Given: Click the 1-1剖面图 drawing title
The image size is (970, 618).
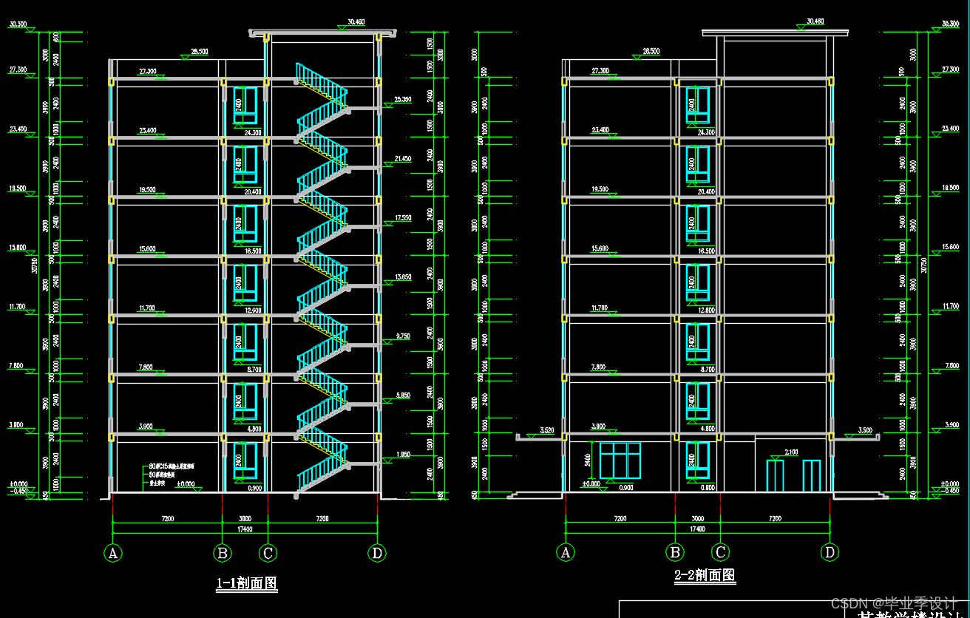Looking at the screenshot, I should pos(246,583).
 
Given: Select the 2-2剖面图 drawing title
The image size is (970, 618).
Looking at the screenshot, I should pos(705,575).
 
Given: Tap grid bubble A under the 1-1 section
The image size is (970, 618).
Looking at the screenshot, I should pos(113,553).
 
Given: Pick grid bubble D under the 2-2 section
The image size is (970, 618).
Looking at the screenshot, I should pos(830,551).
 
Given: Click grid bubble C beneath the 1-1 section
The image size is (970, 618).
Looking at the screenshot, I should pos(268,553).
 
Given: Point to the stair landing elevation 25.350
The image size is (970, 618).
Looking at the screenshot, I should pos(403,99).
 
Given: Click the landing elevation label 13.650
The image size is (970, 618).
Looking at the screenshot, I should pos(403,277).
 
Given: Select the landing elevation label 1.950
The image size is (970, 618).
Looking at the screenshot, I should pos(403,455).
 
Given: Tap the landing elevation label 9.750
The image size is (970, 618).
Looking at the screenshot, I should pos(403,336).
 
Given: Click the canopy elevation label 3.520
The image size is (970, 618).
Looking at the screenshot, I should pos(547,429).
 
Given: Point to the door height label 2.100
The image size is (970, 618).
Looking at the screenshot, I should pos(790,452).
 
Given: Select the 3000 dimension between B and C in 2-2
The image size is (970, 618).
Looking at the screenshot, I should pos(697,519).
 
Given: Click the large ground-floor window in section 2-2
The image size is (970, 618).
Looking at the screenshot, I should pos(620,460).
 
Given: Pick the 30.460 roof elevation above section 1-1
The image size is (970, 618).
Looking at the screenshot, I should pos(356,22).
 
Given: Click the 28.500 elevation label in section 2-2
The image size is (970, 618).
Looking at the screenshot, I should pos(651,52).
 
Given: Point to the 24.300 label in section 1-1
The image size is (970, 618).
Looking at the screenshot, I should pos(252,133).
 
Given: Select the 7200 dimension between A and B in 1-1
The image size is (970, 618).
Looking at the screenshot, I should pos(168,519).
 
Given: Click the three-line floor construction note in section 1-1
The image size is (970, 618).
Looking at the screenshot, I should pos(172,477).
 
